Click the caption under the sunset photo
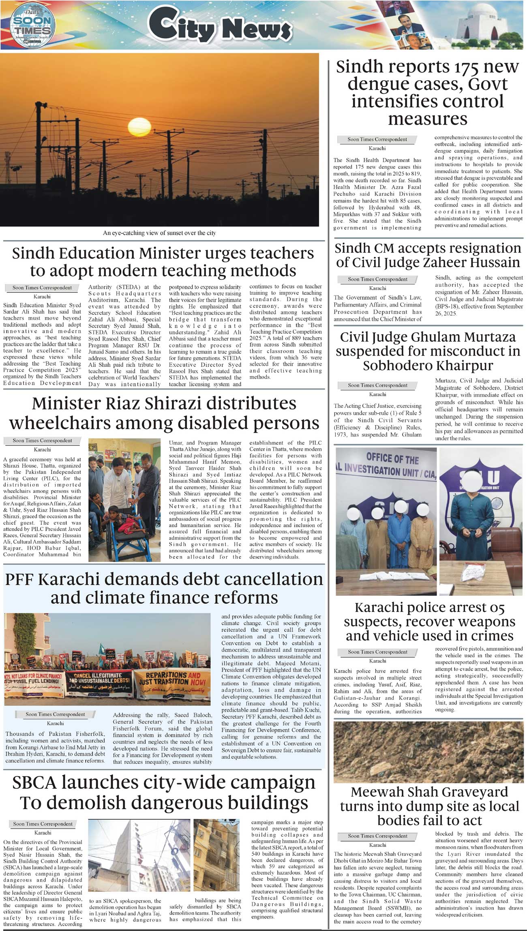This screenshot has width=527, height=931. pos(159,233)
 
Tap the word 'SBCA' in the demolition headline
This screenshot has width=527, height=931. pos(34,783)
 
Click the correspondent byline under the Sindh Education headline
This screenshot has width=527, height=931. pos(42,288)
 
